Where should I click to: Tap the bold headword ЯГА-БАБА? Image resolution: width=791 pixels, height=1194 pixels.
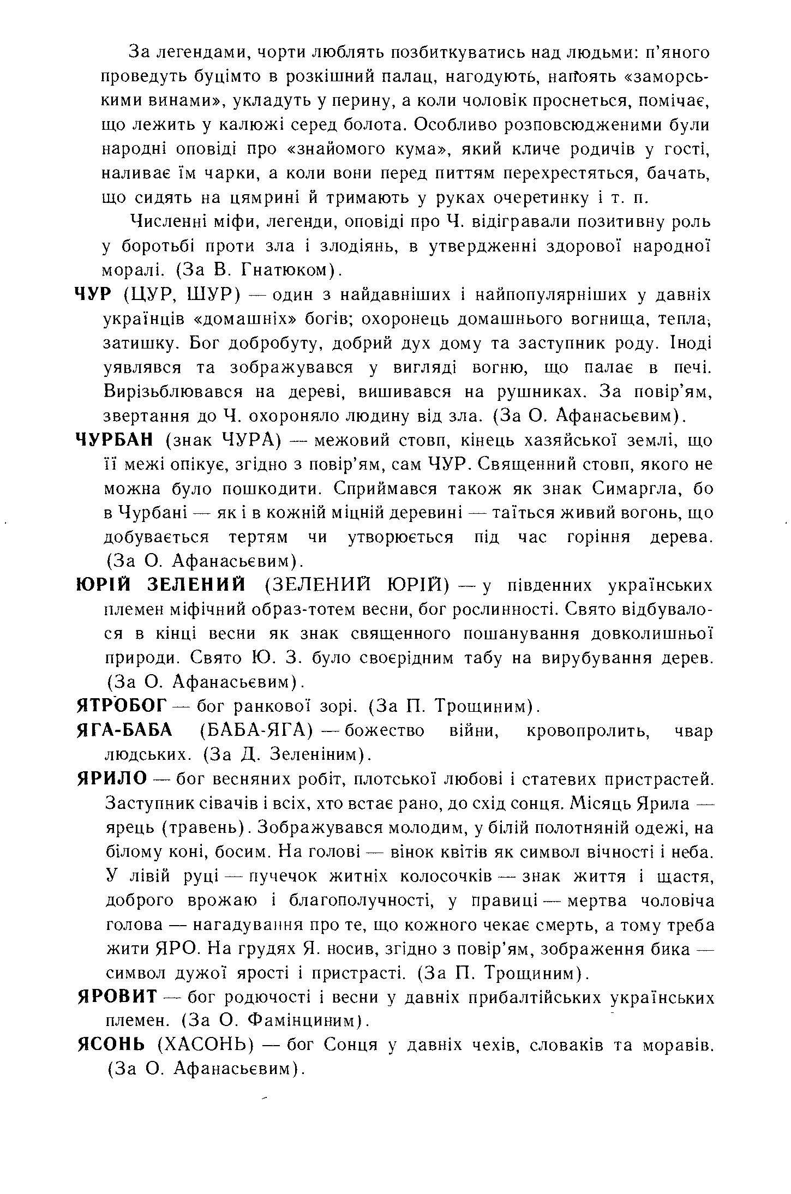[124, 731]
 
